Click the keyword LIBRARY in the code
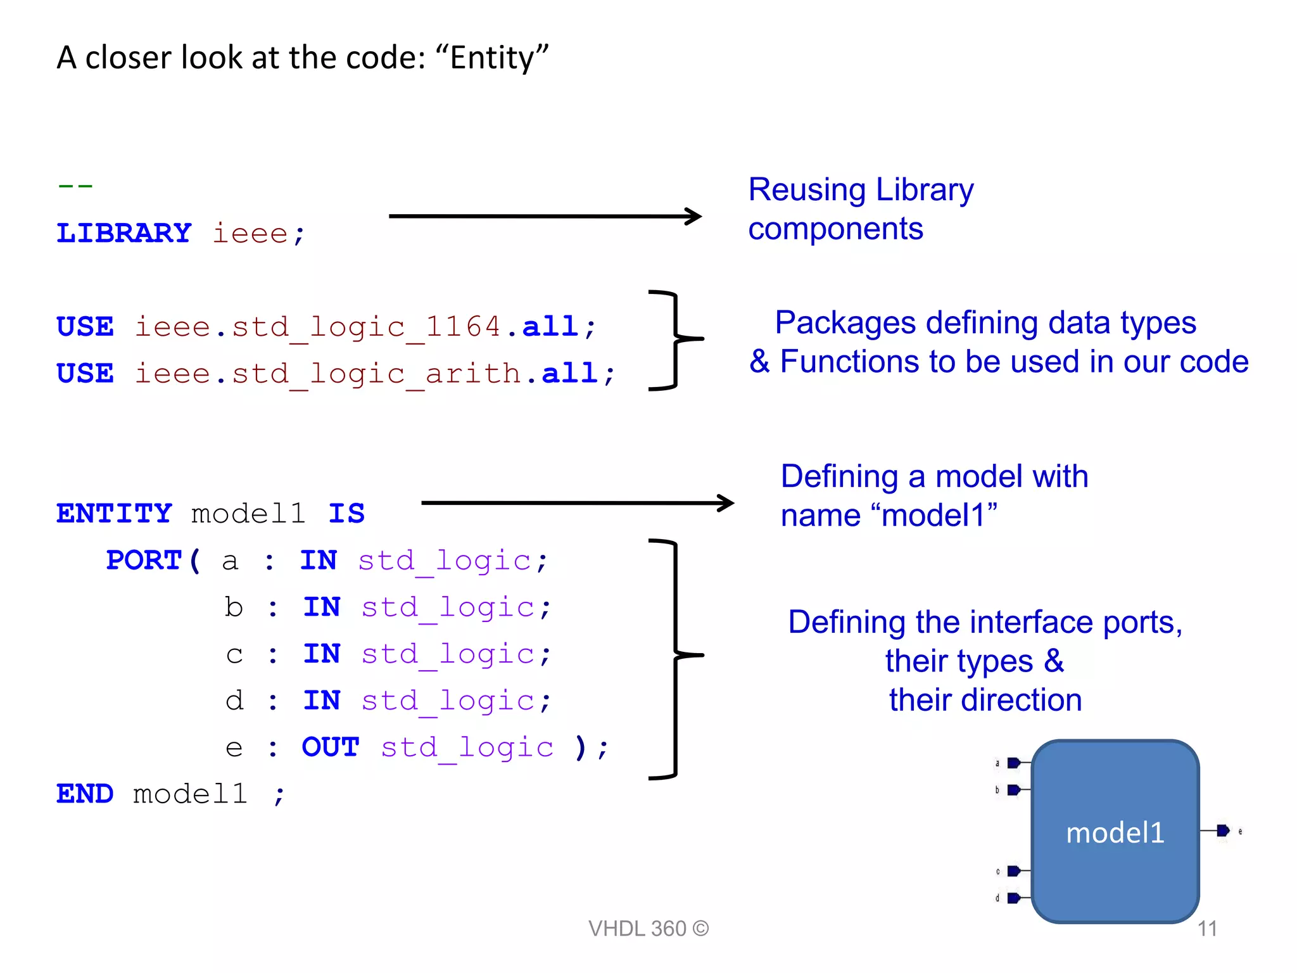tap(124, 233)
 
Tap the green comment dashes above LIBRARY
tap(75, 186)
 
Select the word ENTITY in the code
tap(114, 513)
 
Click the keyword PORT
tap(144, 560)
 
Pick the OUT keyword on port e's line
tap(331, 747)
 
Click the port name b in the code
tap(234, 607)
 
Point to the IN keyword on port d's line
tap(322, 700)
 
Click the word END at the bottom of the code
tap(85, 794)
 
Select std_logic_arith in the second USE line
tap(376, 374)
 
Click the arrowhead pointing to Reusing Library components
tap(694, 216)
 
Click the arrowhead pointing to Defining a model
tap(726, 503)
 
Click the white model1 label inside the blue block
tap(1115, 832)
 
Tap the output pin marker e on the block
tap(1223, 830)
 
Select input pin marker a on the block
tap(1013, 763)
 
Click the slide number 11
tap(1207, 929)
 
